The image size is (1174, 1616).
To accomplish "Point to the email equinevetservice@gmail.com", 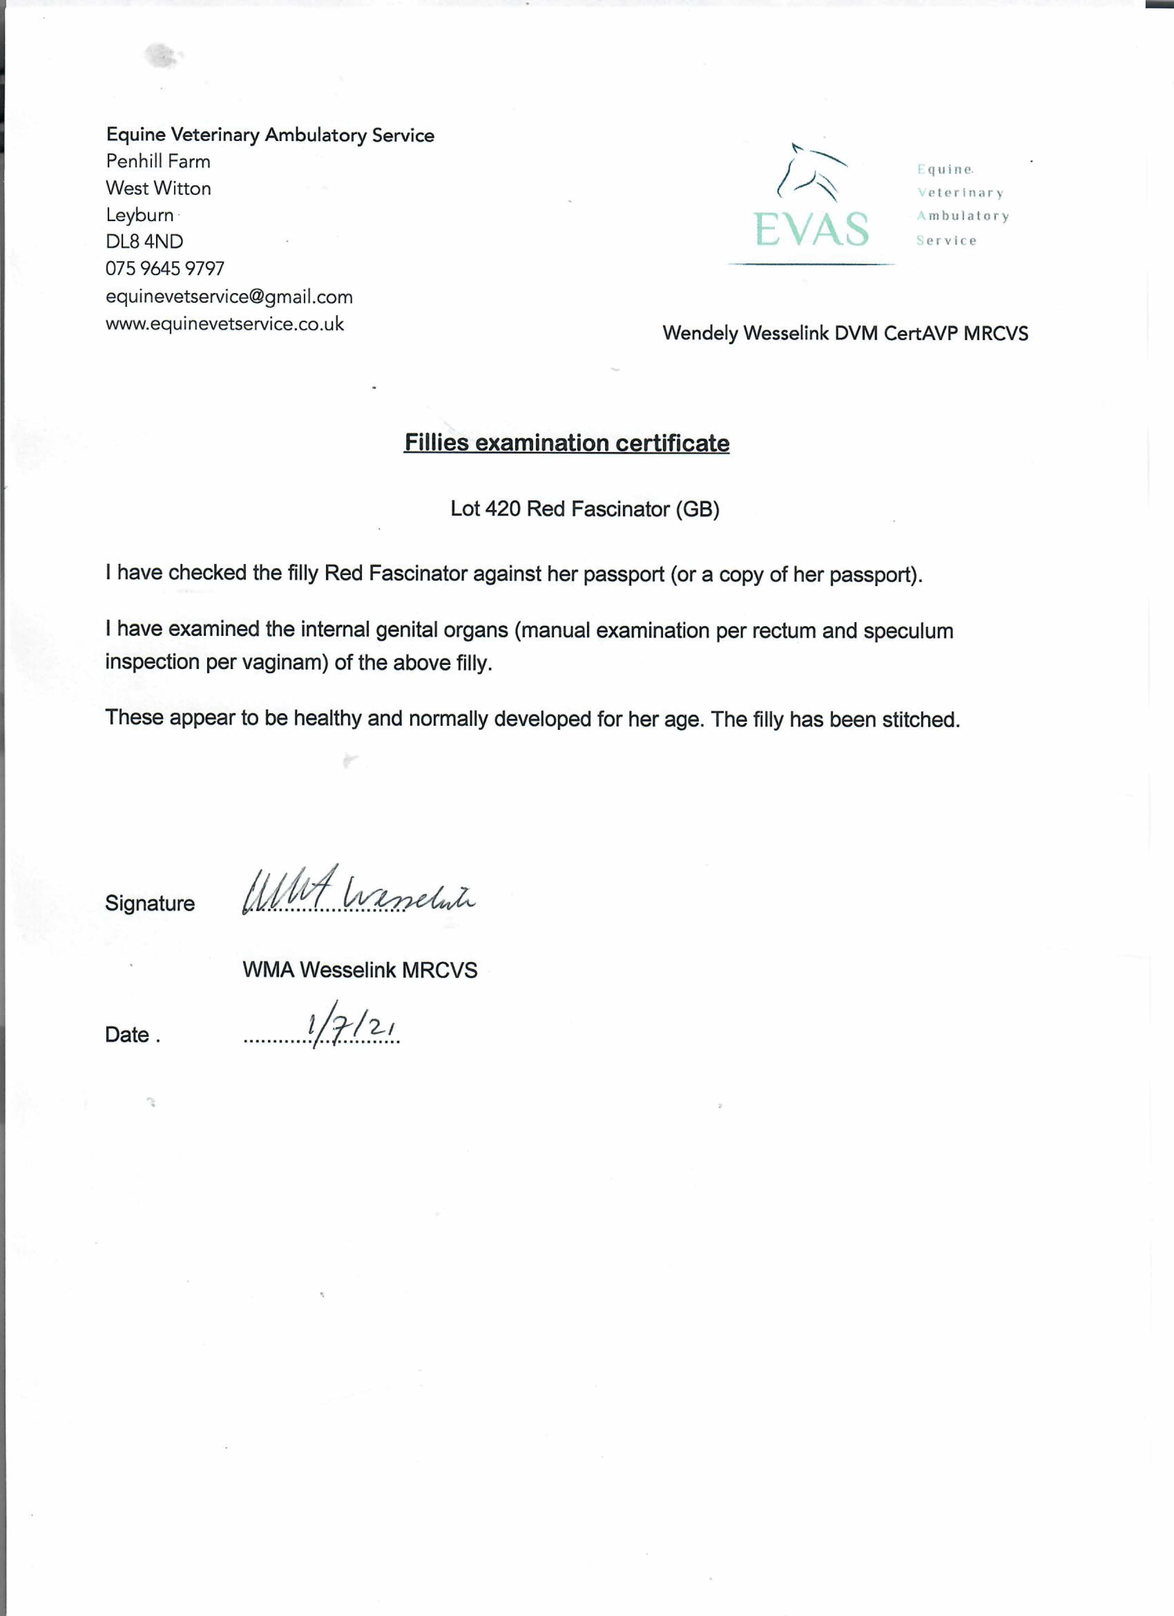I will [229, 296].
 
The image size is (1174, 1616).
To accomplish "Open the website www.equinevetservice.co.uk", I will [225, 324].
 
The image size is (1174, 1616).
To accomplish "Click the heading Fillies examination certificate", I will [566, 443].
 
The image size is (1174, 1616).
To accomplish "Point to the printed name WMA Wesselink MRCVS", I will [360, 970].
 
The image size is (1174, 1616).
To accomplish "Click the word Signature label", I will [150, 903].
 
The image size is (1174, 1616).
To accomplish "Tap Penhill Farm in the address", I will [158, 162].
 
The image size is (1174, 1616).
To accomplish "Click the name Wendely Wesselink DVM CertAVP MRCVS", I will [845, 334].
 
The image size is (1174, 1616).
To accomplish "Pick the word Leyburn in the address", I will [140, 215].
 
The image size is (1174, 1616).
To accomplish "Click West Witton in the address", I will [158, 189].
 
